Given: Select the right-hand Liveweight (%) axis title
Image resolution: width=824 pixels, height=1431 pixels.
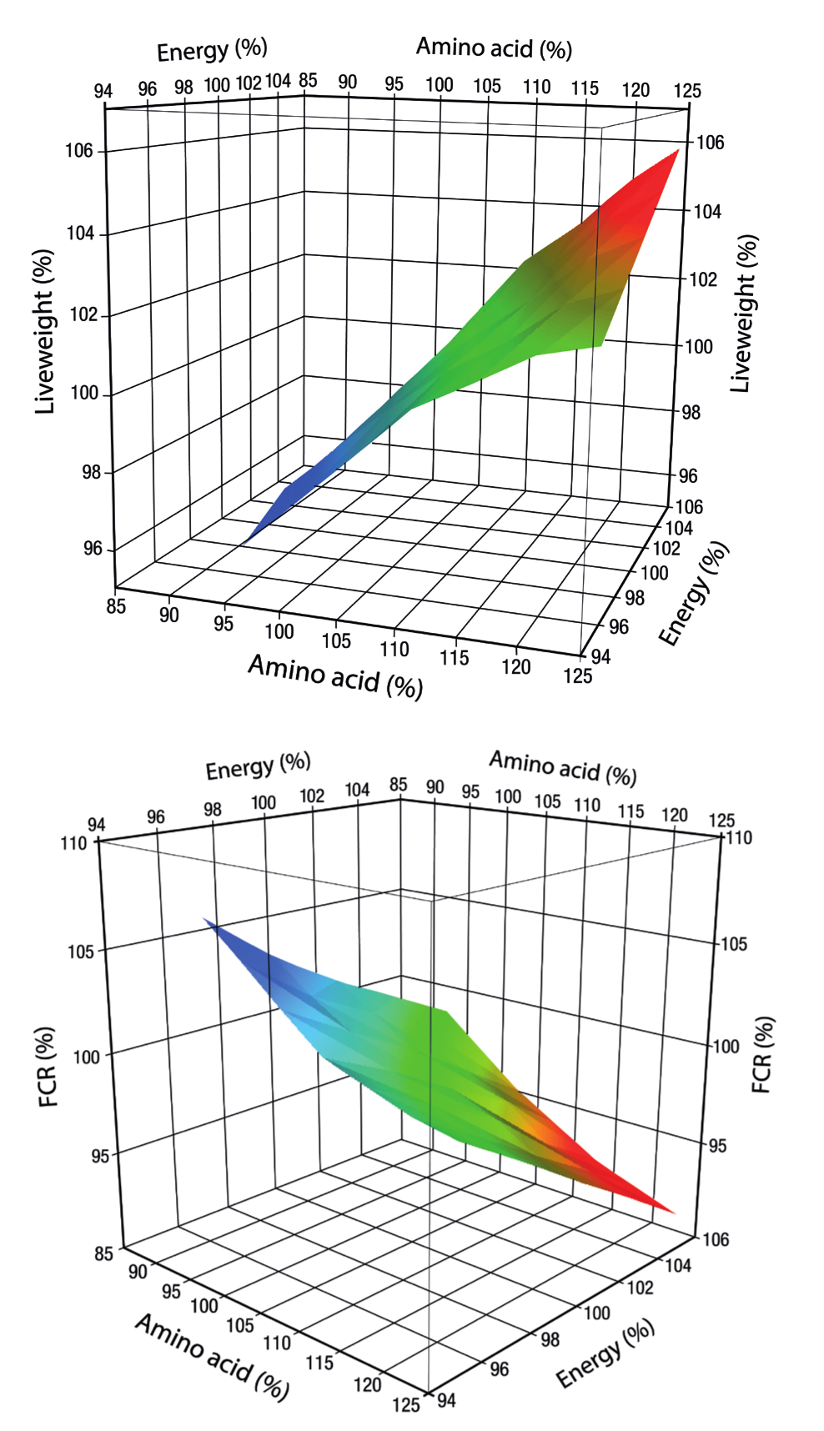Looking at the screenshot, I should coord(744,314).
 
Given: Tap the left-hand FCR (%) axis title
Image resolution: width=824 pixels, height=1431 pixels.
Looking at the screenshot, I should coord(48,1067).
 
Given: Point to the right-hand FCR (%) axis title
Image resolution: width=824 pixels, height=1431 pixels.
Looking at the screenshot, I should coord(762,1054).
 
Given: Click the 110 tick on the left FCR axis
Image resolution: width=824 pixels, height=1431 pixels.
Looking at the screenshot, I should coord(73,843).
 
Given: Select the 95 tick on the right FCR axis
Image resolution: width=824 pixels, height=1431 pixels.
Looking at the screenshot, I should coord(717,1146).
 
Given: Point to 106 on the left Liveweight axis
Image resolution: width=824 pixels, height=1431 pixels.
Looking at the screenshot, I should coord(79,151).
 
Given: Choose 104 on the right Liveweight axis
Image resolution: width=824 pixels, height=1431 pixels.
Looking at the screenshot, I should coord(707,212).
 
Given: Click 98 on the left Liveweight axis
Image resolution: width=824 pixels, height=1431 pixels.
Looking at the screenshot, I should coord(91,472).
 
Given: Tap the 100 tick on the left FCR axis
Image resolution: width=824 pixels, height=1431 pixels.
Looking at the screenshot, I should coord(87,1057).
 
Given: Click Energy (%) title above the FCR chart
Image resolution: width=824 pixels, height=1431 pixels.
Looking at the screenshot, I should coord(258,766).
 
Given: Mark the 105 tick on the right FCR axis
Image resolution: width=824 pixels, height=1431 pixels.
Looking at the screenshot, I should coord(734,944).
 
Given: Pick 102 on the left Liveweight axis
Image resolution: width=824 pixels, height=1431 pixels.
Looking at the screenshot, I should coord(83,314).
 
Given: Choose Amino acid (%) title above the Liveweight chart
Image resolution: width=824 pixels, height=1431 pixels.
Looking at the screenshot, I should coord(494,48).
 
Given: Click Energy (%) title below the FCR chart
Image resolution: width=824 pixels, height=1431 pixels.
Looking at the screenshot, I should coord(605,1354).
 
